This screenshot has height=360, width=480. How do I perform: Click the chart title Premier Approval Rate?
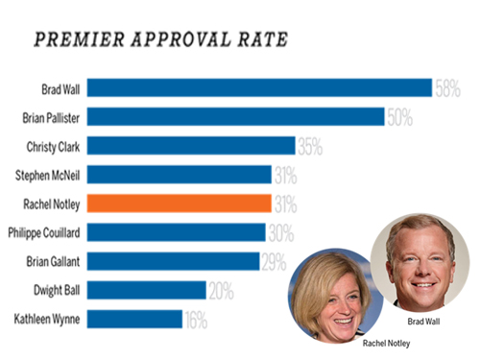click(161, 39)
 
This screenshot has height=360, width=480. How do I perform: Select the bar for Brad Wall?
click(259, 87)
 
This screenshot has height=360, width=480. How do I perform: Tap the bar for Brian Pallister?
click(236, 116)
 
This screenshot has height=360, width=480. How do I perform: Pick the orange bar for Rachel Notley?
click(180, 204)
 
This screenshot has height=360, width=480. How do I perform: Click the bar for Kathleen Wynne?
click(134, 319)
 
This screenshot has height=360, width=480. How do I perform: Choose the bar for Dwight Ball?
click(147, 290)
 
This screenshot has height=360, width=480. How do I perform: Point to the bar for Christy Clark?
click(191, 146)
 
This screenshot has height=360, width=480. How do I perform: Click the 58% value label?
click(447, 88)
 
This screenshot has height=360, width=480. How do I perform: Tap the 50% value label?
click(400, 117)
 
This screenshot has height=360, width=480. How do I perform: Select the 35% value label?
click(310, 147)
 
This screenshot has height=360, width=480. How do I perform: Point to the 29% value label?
click(274, 262)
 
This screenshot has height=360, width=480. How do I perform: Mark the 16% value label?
click(196, 321)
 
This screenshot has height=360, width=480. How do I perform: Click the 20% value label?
click(222, 291)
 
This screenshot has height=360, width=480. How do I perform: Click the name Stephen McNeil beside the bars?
click(48, 176)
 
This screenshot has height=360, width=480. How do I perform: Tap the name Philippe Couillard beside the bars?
click(44, 233)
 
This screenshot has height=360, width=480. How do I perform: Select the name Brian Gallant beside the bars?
click(53, 262)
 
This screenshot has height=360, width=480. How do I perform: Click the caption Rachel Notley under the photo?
click(386, 344)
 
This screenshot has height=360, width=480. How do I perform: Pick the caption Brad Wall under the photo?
click(423, 322)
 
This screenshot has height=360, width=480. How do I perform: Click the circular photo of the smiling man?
click(420, 263)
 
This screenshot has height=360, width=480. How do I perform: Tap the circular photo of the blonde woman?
click(335, 296)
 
